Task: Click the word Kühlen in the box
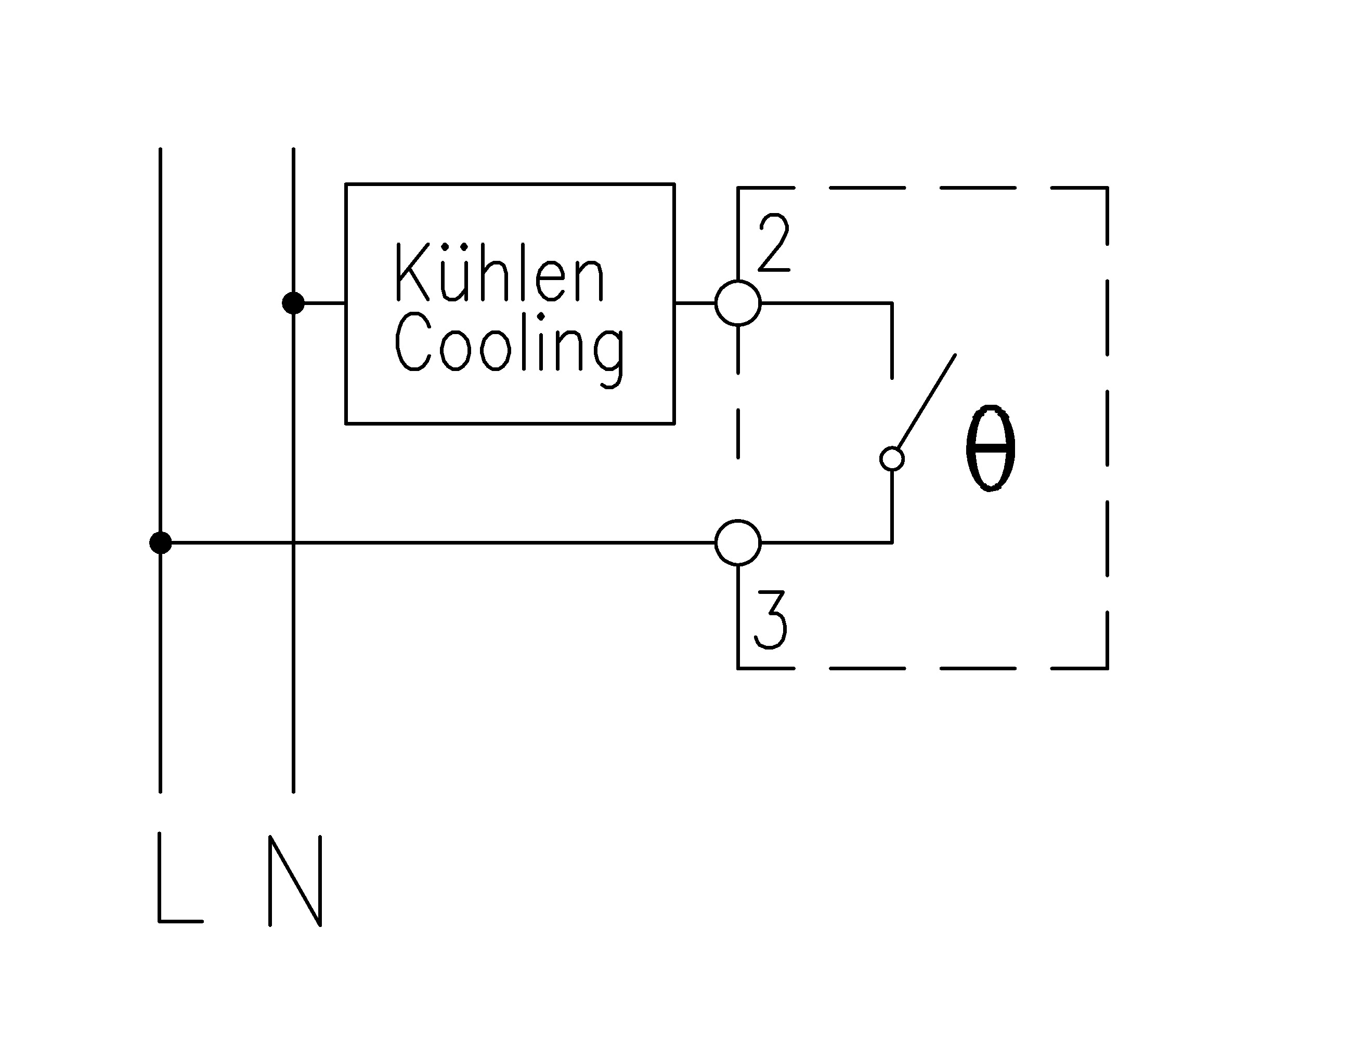point(499,273)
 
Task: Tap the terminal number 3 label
point(771,620)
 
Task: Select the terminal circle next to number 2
point(738,303)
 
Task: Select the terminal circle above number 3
point(738,542)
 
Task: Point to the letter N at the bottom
point(295,881)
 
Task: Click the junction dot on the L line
point(160,542)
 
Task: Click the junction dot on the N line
point(293,303)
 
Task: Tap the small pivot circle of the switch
point(892,459)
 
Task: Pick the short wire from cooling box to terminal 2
point(694,303)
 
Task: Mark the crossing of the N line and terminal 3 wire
point(293,542)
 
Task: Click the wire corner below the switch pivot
point(892,542)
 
